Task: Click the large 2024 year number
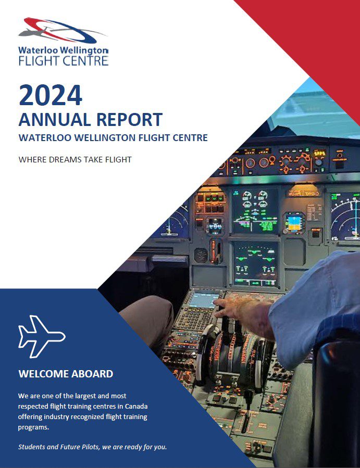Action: (50, 95)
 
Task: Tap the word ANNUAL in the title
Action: (55, 120)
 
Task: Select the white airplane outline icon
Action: (42, 336)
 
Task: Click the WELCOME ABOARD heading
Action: (66, 374)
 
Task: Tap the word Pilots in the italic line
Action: (91, 447)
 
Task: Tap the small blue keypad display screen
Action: (204, 300)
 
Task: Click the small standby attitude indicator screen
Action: (294, 223)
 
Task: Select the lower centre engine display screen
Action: (255, 263)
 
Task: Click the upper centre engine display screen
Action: (255, 211)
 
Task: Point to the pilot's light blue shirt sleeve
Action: (314, 308)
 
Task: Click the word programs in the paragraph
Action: (33, 427)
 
